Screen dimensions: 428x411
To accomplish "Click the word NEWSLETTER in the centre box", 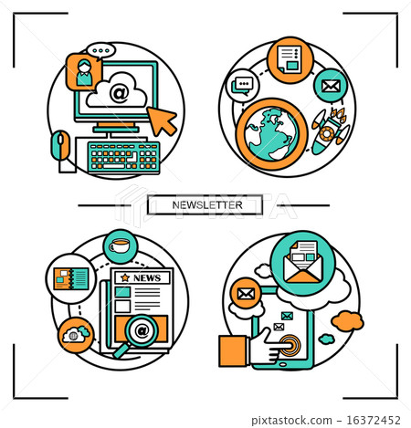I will (206, 204).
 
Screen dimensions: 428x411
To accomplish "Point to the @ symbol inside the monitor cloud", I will (118, 92).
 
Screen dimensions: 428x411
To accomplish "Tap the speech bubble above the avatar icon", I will (100, 51).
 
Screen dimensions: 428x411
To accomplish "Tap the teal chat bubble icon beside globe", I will (242, 88).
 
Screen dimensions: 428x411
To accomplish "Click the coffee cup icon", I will (118, 246).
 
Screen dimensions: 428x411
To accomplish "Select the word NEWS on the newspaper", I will (147, 278).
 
